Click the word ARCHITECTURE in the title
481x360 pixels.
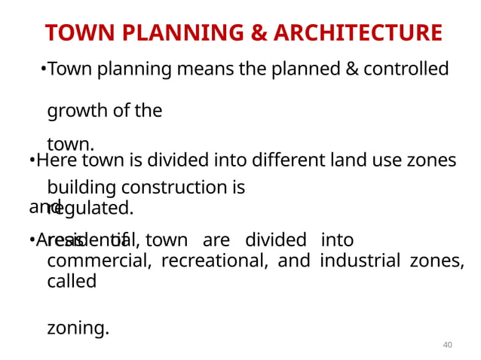click(358, 33)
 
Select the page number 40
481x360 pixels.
click(447, 344)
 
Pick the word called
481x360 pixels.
click(72, 281)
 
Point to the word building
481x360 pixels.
click(79, 188)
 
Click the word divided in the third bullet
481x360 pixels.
click(276, 240)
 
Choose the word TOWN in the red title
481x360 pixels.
click(75, 33)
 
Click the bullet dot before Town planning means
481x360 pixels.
click(43, 70)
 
